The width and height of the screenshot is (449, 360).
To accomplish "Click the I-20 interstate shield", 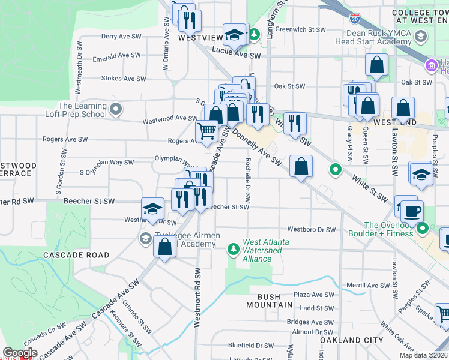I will pyautogui.click(x=355, y=18).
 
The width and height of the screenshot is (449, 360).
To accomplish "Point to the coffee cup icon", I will pyautogui.click(x=412, y=212).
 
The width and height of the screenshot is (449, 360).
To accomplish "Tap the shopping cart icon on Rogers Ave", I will pyautogui.click(x=206, y=130).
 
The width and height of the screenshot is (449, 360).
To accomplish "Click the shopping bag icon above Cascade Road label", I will pyautogui.click(x=164, y=246).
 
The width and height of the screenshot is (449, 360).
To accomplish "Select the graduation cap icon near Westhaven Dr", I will pyautogui.click(x=152, y=209).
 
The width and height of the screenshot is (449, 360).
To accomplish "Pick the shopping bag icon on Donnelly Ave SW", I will pyautogui.click(x=301, y=166).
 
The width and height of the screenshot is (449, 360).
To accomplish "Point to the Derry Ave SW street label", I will pyautogui.click(x=121, y=37).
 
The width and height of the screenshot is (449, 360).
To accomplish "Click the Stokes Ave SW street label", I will pyautogui.click(x=124, y=79).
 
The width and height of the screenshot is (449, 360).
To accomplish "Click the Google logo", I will pyautogui.click(x=20, y=353).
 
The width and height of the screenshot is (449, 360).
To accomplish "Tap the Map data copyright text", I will pyautogui.click(x=424, y=355).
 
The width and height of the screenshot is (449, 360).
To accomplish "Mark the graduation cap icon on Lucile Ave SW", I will pyautogui.click(x=234, y=35).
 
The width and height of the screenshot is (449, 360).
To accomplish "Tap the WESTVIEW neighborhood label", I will pyautogui.click(x=200, y=37).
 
